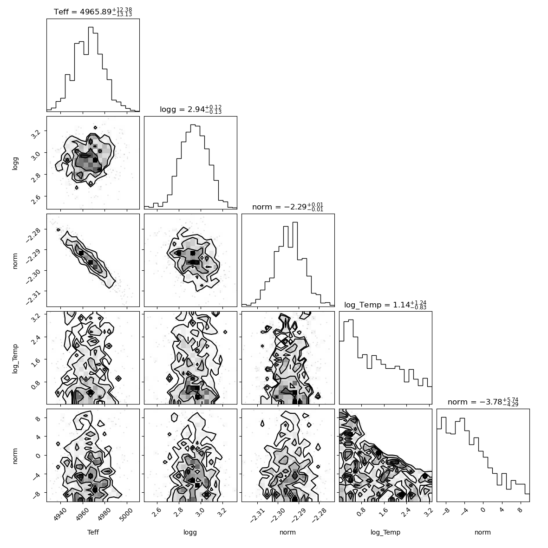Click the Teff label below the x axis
point(93,532)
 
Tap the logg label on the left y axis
point(15,163)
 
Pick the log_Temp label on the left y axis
point(15,358)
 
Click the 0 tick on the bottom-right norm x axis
point(483,510)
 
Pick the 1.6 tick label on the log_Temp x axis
point(384,512)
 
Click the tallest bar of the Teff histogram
point(91,69)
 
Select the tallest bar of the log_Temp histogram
point(351,362)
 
